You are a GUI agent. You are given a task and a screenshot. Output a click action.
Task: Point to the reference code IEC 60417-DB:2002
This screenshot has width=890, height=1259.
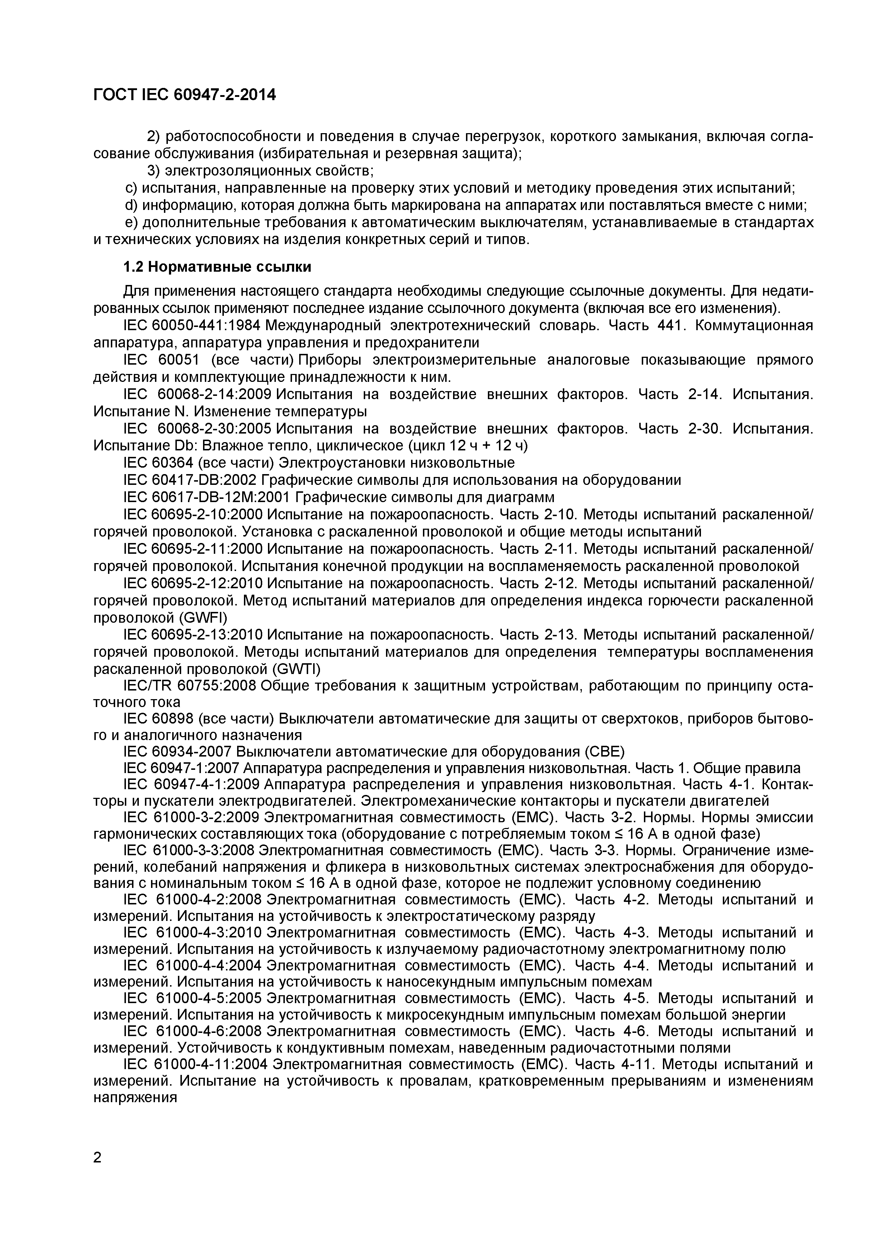click(x=190, y=480)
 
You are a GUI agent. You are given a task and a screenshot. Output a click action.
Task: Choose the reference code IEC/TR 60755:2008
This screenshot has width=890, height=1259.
click(x=190, y=686)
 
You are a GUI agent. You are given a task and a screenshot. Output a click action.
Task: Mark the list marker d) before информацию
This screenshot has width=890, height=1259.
click(x=131, y=205)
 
